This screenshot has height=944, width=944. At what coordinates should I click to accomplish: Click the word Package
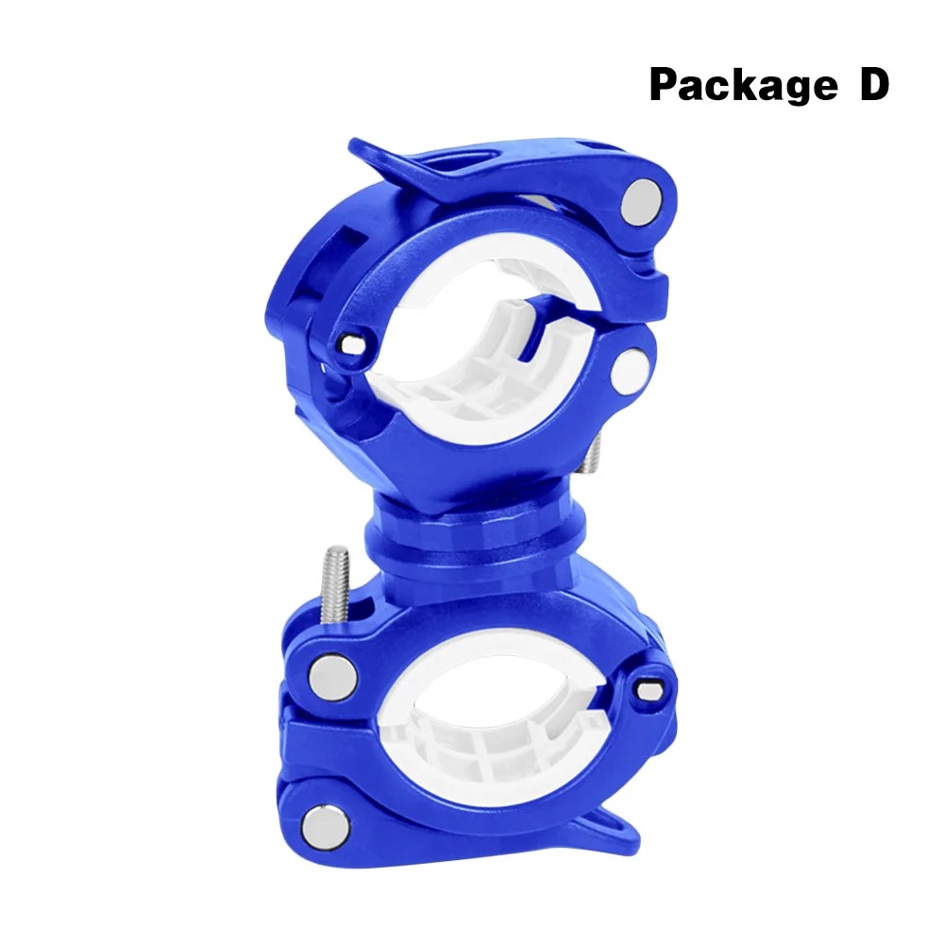(743, 85)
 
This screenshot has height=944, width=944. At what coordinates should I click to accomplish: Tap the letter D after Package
(874, 83)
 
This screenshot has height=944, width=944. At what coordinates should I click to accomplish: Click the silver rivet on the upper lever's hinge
(641, 201)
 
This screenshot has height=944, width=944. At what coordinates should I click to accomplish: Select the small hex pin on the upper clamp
(351, 345)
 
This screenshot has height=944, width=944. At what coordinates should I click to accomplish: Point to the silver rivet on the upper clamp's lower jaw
(630, 371)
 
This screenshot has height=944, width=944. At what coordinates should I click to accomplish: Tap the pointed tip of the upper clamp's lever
(352, 143)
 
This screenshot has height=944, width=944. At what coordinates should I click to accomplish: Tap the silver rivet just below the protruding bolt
(331, 677)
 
